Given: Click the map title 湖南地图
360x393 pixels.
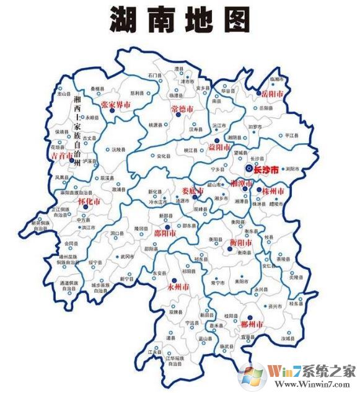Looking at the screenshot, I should click(180, 20).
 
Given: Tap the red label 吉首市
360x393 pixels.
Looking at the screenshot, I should click(63, 156).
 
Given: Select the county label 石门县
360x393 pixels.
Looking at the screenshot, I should click(154, 76).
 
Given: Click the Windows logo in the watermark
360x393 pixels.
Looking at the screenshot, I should click(253, 375).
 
